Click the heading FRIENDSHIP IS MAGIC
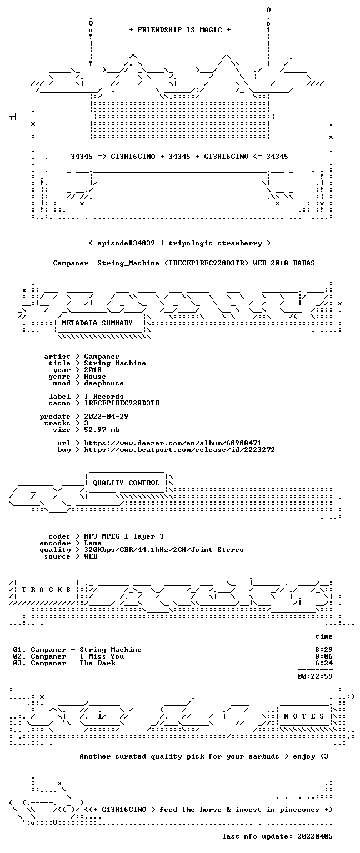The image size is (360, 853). coord(180,29)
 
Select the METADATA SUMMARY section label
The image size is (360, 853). coord(97,323)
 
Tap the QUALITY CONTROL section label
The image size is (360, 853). coord(126,483)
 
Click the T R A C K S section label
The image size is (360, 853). coord(47,589)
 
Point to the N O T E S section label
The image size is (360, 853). coord(304,716)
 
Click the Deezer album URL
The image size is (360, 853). coord(173,443)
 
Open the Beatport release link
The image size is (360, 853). coord(179,450)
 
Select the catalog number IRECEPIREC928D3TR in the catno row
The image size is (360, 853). coord(122,403)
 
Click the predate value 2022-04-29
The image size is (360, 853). coord(106,416)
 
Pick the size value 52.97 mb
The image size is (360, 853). coord(102,429)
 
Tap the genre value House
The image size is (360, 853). coord(95,376)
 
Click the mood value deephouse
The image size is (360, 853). coord(104,383)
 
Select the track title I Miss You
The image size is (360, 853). coord(102,656)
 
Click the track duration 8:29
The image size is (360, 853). coord(324,650)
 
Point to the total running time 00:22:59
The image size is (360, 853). coord(315,676)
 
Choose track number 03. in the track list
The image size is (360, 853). coord(19,663)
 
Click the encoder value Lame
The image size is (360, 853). coord(93,543)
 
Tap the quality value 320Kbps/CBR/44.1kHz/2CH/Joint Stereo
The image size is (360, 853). coord(164,549)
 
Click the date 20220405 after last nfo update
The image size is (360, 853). coord(314,836)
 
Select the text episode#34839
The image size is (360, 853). coord(126,243)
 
